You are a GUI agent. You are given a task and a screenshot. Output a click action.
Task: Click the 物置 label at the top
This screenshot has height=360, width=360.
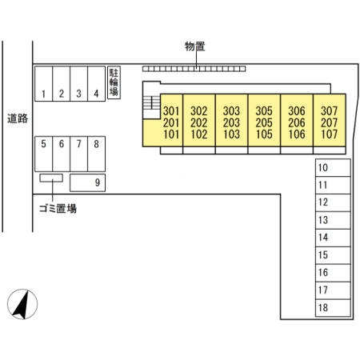194,46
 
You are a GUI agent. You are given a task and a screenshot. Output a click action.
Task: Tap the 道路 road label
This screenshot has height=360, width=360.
17,118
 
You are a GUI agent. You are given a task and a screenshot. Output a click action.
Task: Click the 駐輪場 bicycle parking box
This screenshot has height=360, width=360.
114,82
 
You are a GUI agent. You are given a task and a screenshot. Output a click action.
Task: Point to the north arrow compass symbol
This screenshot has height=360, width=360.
25,304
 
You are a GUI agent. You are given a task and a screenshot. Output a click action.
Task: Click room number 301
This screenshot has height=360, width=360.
170,111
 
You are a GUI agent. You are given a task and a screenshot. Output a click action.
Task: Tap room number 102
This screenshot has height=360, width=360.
200,134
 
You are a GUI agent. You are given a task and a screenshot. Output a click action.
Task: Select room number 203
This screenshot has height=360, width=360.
232,122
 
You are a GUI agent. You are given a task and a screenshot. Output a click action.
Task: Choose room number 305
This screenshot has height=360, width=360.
264,111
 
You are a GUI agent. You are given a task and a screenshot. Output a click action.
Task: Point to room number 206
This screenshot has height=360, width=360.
296,122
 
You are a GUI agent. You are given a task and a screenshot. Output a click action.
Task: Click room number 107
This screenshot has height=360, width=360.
328,134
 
